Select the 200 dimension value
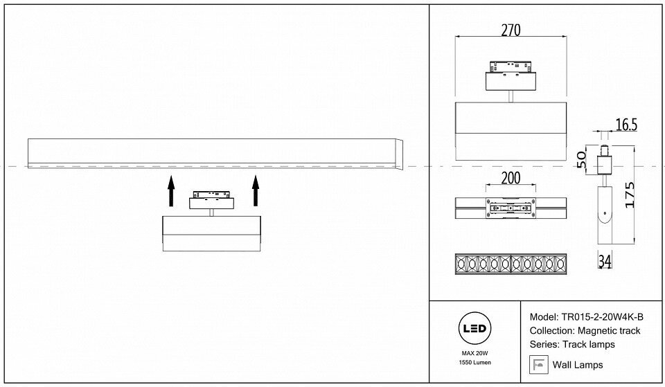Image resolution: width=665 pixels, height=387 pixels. pyautogui.click(x=510, y=178)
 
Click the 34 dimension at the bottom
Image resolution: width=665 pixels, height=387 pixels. pyautogui.click(x=603, y=261)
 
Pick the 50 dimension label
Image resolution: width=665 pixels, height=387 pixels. pyautogui.click(x=583, y=159)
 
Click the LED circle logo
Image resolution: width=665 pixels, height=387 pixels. pyautogui.click(x=474, y=329)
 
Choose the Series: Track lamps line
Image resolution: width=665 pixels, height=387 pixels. pyautogui.click(x=571, y=345)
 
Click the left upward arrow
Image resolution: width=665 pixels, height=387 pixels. pyautogui.click(x=170, y=190)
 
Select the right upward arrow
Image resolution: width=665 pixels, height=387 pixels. pyautogui.click(x=256, y=190)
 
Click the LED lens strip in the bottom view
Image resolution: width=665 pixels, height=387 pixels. pyautogui.click(x=510, y=264)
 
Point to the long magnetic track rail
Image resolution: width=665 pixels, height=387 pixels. pyautogui.click(x=211, y=153)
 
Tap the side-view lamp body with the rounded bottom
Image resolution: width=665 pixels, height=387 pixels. pyautogui.click(x=603, y=214)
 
